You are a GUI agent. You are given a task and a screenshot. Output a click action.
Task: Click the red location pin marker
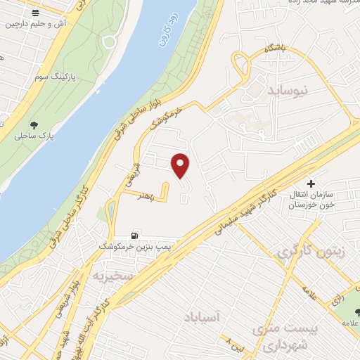coord(181,165)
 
